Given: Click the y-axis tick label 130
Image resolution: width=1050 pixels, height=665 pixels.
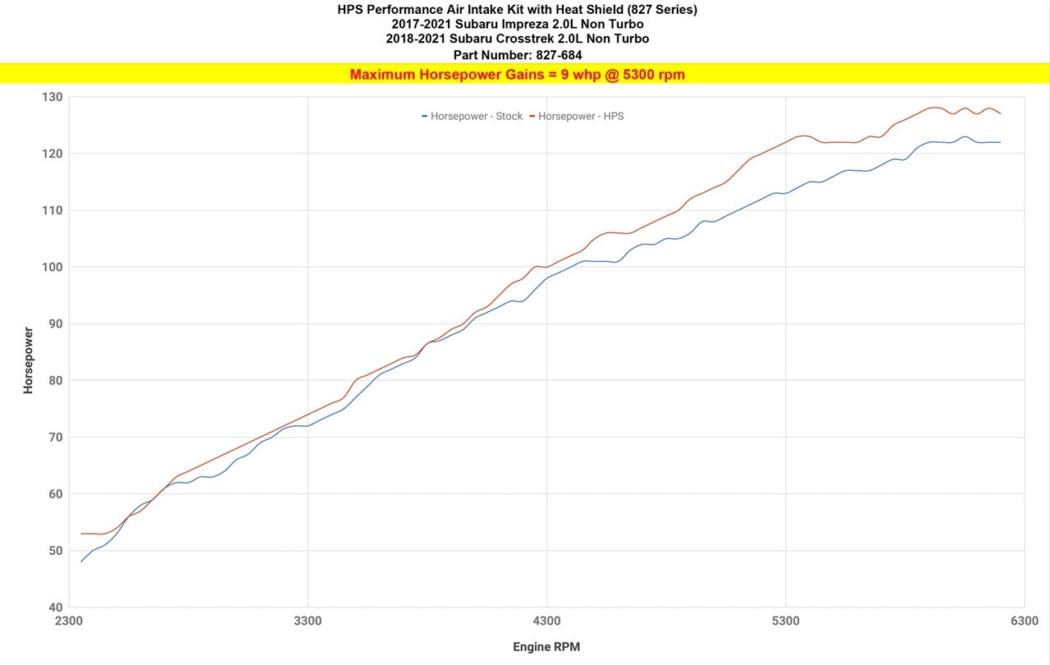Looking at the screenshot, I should click(x=52, y=97).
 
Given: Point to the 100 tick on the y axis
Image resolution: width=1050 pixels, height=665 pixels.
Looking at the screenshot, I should click(x=52, y=267).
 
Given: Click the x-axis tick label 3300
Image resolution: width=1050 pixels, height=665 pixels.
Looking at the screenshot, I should click(x=308, y=621).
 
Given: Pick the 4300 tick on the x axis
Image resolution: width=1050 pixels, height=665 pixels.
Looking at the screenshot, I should click(x=546, y=621).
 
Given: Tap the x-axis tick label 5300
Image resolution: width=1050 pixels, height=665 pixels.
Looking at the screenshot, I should click(x=785, y=621).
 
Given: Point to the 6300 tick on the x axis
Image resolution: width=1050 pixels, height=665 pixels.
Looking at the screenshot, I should click(x=1024, y=621).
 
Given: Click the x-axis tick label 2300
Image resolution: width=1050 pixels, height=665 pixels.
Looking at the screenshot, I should click(x=69, y=621).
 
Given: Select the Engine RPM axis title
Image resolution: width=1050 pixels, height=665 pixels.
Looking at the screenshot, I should click(x=546, y=647).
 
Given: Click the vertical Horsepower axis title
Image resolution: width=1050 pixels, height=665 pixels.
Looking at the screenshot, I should click(x=28, y=360).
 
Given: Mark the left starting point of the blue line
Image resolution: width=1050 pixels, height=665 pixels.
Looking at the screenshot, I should click(x=81, y=562).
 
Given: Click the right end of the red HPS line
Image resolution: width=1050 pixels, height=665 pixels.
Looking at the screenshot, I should click(x=1000, y=113).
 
